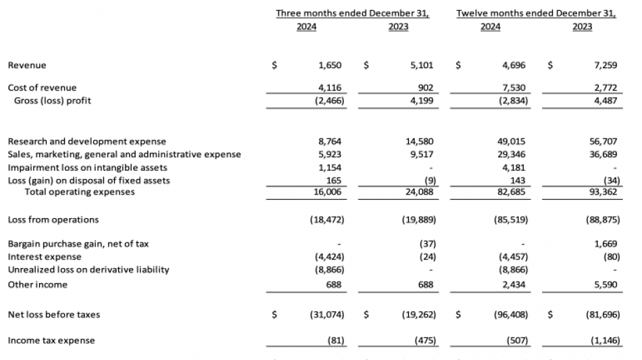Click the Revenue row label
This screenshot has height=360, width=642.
pyautogui.click(x=27, y=66)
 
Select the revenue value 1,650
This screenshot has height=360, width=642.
pyautogui.click(x=330, y=66)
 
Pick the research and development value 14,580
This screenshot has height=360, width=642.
pyautogui.click(x=419, y=141)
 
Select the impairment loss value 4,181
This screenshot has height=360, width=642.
pyautogui.click(x=514, y=167)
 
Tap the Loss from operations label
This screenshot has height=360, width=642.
pyautogui.click(x=53, y=220)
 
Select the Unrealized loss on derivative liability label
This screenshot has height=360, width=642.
pyautogui.click(x=89, y=269)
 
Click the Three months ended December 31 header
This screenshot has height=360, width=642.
pyautogui.click(x=353, y=13)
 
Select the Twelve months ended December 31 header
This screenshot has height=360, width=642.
pyautogui.click(x=536, y=13)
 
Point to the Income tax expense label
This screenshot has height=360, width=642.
pyautogui.click(x=51, y=340)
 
